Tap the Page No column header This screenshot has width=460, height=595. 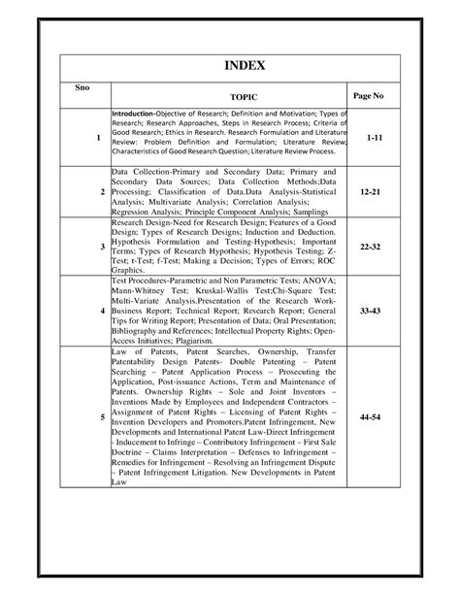370,97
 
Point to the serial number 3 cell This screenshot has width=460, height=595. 102,248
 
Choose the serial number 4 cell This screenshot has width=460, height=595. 102,310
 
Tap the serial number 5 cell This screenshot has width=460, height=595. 102,415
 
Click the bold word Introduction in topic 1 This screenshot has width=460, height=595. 133,116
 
